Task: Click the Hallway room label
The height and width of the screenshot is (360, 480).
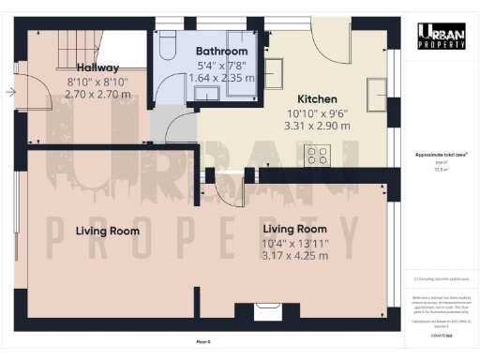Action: coord(85,67)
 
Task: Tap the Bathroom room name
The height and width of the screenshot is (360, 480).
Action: coord(221,51)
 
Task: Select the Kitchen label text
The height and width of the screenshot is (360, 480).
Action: coord(320,99)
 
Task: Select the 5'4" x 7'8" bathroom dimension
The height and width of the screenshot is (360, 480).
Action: coord(221,66)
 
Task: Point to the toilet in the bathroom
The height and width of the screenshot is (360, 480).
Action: coord(165,44)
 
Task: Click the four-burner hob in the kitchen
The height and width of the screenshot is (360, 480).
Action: coord(317,155)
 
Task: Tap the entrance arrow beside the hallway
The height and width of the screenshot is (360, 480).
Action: coord(10,92)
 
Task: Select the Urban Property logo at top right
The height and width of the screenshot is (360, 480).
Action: coord(441,35)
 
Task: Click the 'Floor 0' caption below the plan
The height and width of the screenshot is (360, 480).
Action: coord(204,341)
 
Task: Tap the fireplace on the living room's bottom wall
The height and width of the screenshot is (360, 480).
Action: coord(269,313)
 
